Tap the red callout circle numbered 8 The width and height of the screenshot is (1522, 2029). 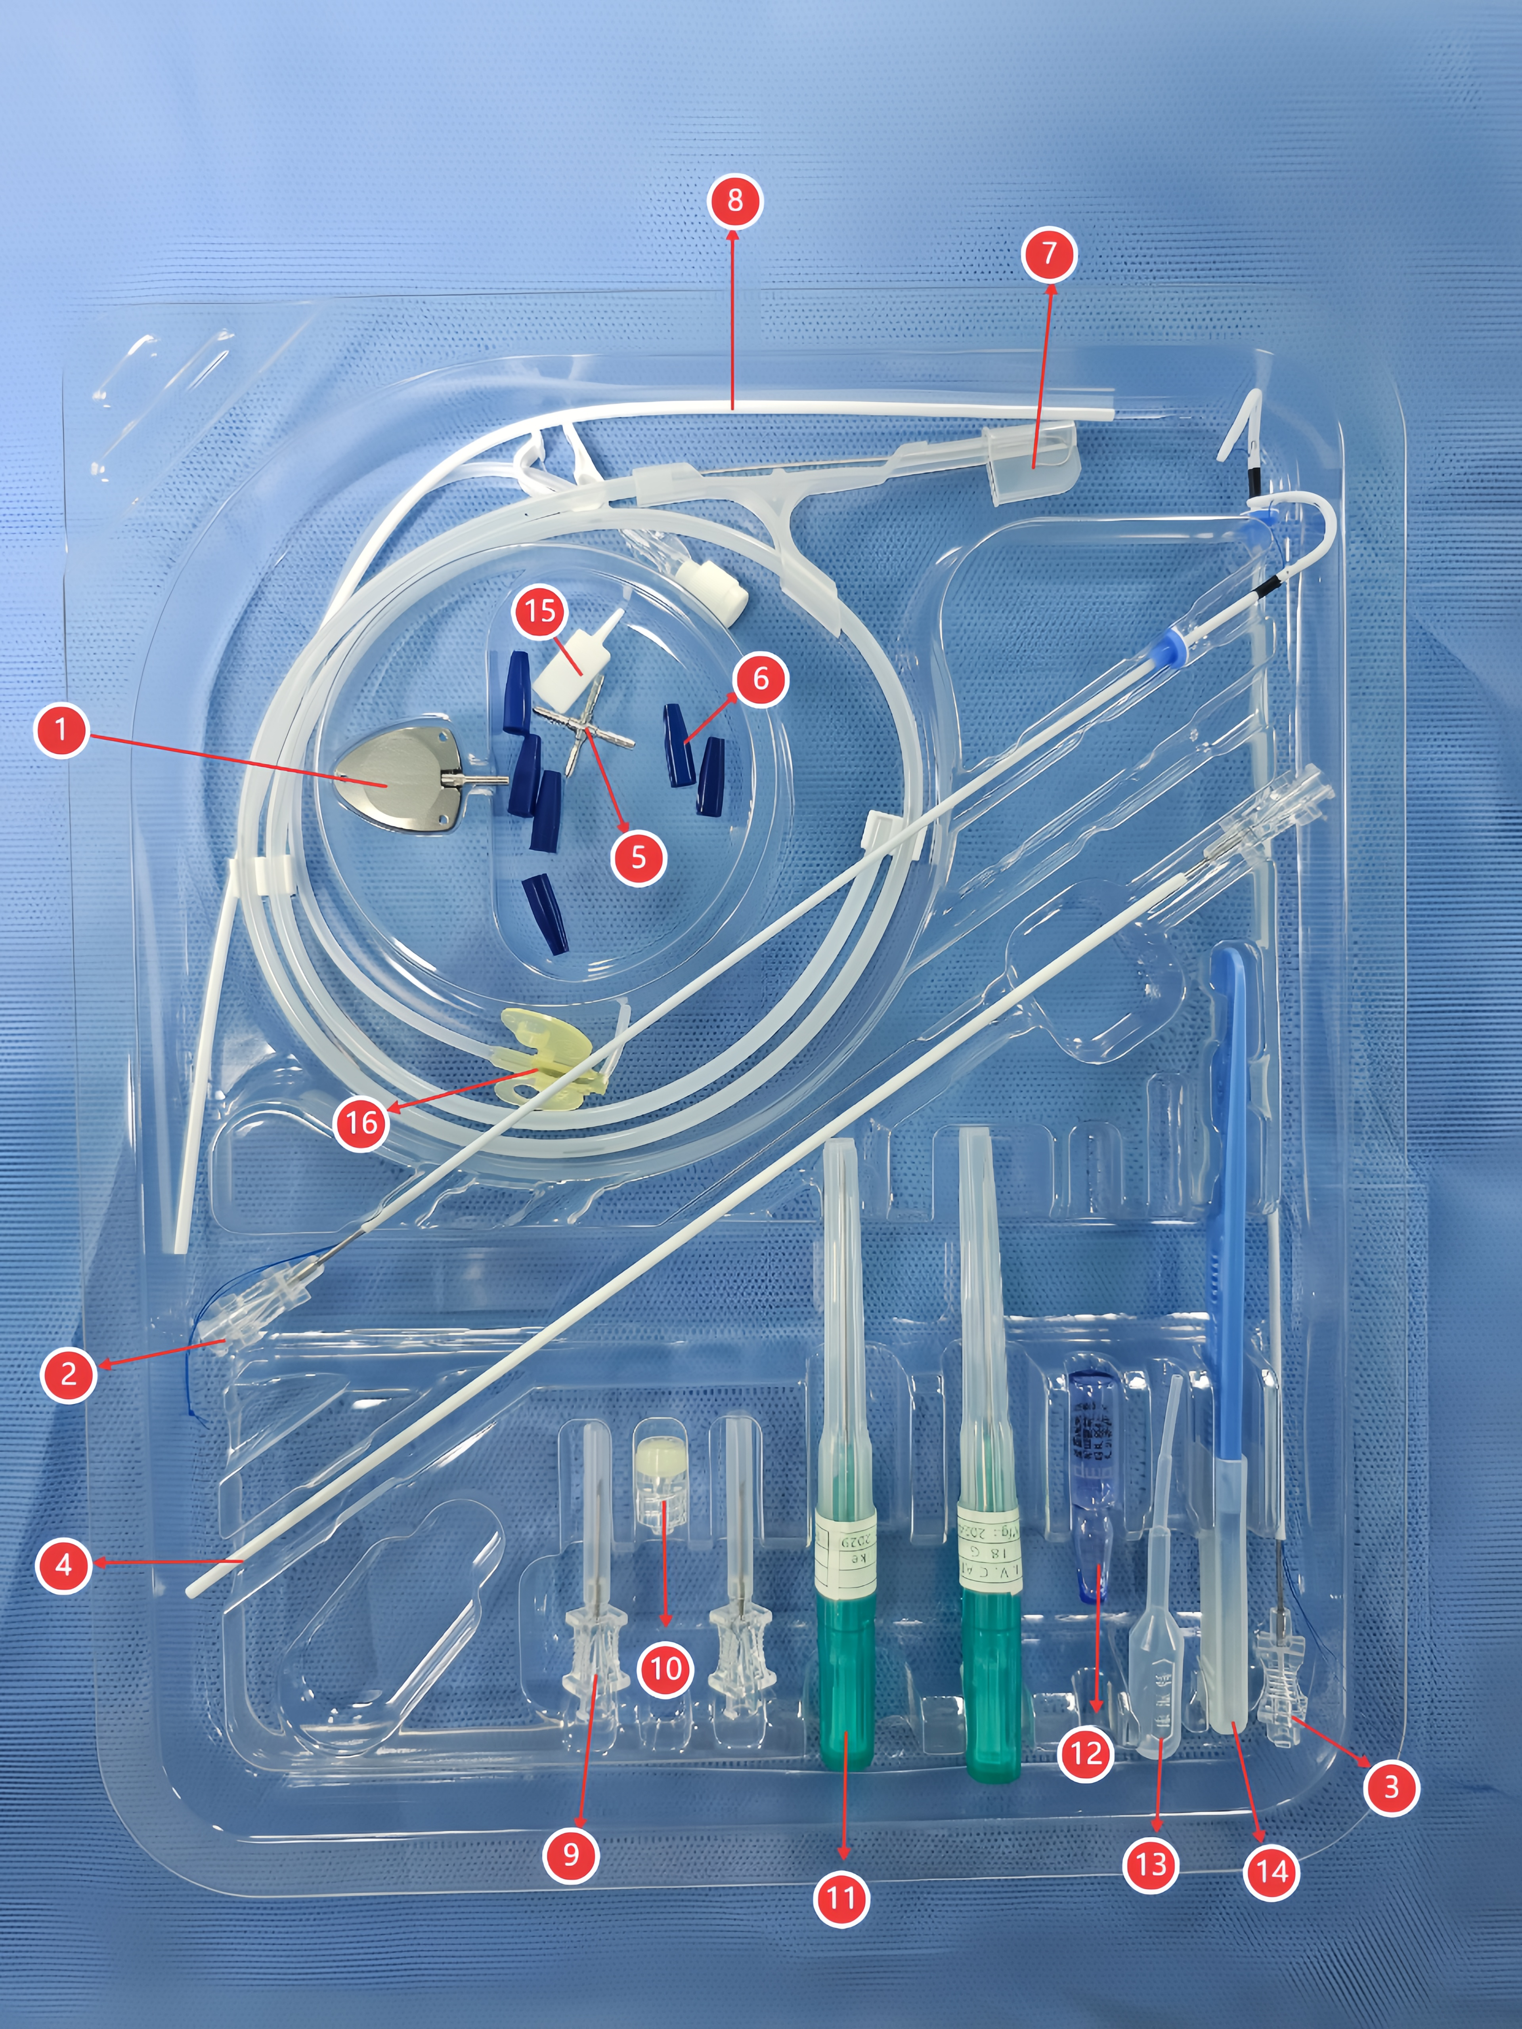point(735,200)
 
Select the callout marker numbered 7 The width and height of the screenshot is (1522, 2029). point(1050,254)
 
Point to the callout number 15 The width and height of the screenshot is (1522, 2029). point(540,610)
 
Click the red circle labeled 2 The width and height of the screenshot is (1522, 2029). point(68,1374)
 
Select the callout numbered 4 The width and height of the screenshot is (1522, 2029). point(63,1565)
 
